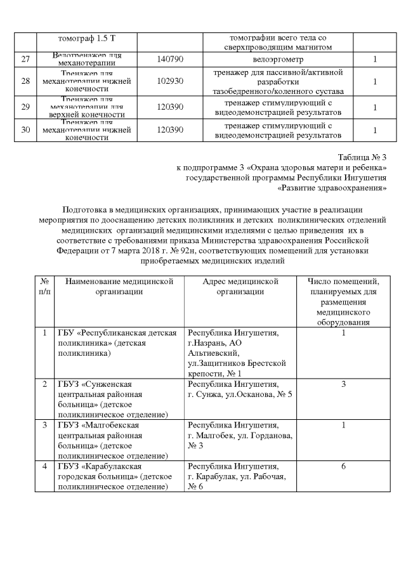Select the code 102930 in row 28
(x=170, y=82)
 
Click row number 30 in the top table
(x=25, y=130)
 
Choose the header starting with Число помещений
(x=343, y=301)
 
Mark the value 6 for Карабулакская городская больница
(x=343, y=466)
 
